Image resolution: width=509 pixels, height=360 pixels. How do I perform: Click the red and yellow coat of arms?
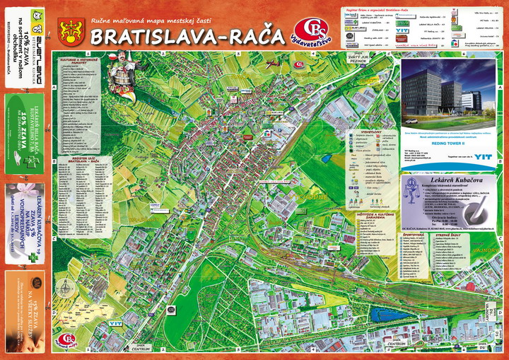click(71, 30)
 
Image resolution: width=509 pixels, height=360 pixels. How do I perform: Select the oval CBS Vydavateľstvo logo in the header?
click(312, 31)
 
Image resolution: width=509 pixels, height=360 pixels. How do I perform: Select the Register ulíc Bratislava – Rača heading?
click(83, 160)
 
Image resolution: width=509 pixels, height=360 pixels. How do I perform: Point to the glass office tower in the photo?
click(428, 88)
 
